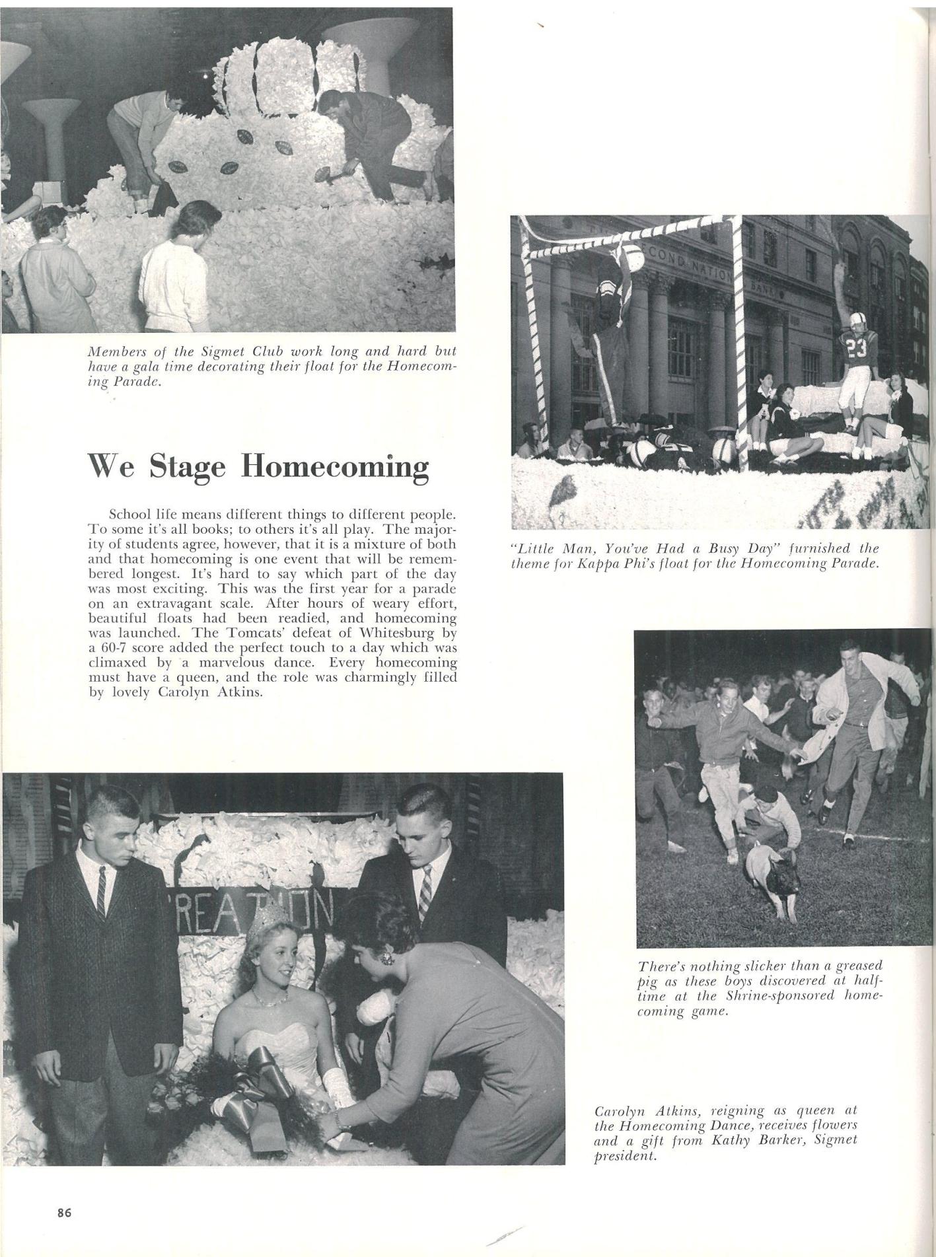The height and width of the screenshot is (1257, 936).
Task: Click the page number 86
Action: click(x=64, y=1212)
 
